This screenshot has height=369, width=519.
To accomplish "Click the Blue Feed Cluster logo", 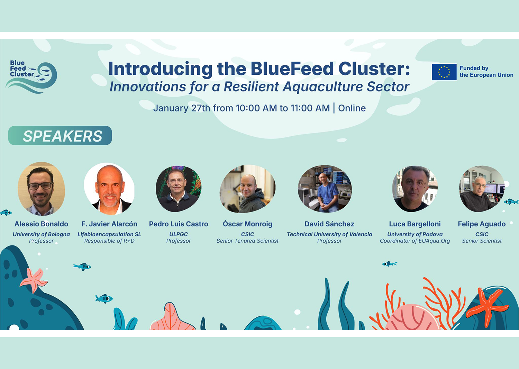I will [31, 77].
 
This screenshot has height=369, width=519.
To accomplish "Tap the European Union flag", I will [444, 72].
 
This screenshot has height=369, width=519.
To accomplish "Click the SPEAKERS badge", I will [60, 136].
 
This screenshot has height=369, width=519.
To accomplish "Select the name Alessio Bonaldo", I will [41, 224].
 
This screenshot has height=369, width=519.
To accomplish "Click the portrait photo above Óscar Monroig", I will [247, 189].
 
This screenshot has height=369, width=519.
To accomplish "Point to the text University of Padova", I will [415, 234].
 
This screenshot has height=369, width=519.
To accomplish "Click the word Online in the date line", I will [352, 108].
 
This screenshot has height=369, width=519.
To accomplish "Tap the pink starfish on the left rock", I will [34, 280].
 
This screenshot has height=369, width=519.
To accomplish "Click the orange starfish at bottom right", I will [487, 305].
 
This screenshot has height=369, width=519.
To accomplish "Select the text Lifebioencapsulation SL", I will [109, 234].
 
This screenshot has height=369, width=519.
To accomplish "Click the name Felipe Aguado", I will [482, 224].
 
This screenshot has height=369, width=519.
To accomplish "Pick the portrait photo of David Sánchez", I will [325, 189].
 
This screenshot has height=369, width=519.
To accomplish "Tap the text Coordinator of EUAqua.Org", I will [415, 241].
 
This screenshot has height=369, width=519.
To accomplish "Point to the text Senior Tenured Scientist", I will [247, 241].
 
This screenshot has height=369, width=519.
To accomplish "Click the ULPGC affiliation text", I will [178, 234].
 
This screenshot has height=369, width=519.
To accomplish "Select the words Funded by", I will [474, 68].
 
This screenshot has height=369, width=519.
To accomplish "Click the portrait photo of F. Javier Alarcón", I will [109, 189].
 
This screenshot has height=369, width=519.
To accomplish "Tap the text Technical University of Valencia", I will [329, 234].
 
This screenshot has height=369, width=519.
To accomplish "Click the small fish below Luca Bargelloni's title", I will [389, 264].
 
